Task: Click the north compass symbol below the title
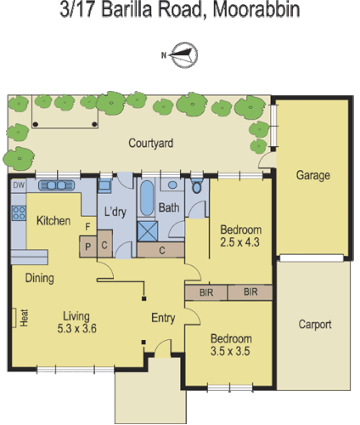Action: [183, 56]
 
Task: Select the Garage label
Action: [312, 176]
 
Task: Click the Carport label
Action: [314, 325]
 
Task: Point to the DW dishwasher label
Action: [18, 184]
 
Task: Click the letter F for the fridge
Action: [87, 227]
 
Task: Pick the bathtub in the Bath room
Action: [145, 198]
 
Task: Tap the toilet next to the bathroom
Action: [196, 189]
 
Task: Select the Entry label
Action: [163, 318]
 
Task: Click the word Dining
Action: [40, 278]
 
